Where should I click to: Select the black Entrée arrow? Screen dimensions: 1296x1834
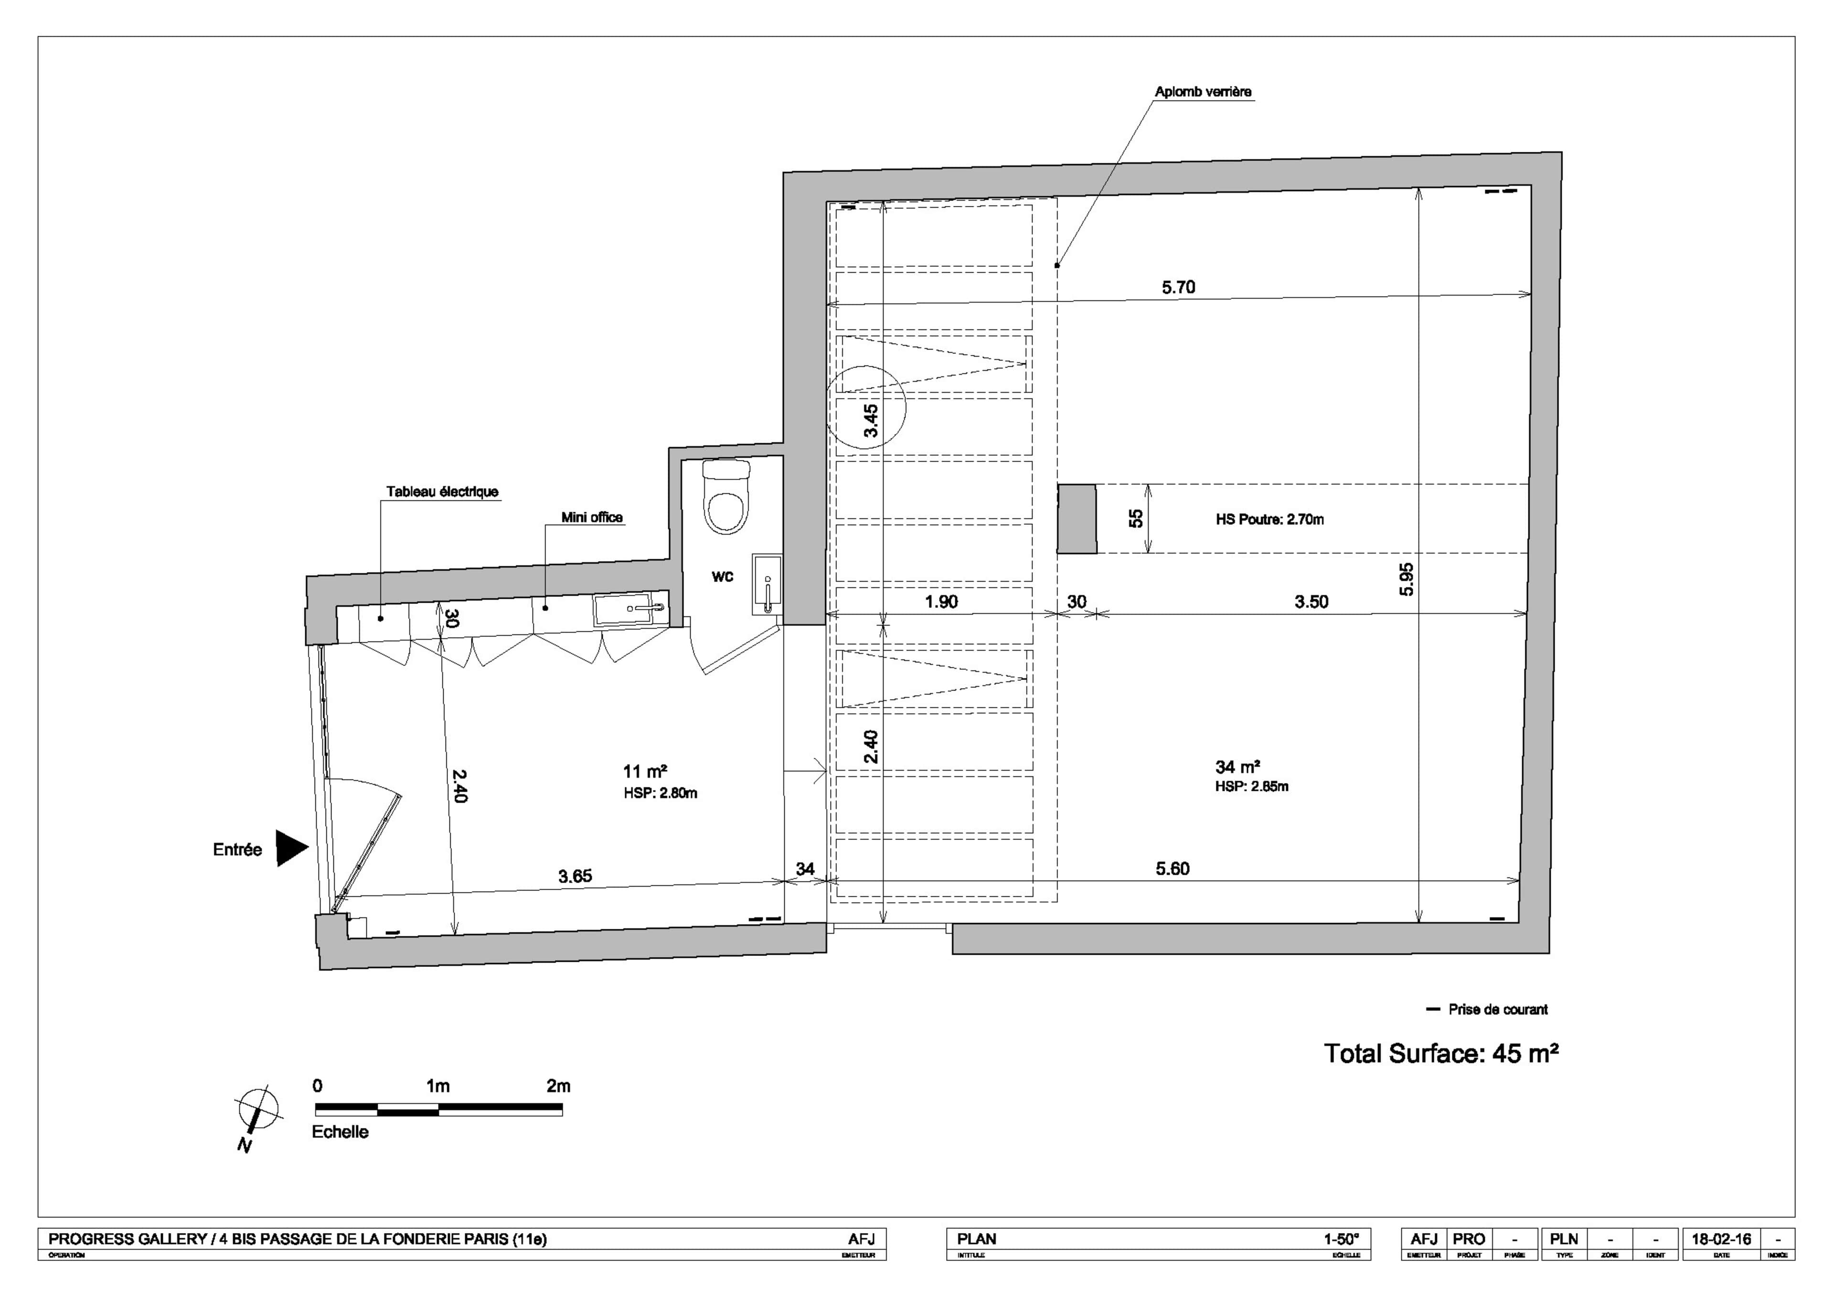tap(291, 848)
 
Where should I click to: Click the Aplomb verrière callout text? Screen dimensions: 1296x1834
tap(1203, 92)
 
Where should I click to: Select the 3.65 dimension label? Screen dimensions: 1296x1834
tap(575, 876)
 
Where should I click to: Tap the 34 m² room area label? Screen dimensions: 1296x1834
tap(1237, 767)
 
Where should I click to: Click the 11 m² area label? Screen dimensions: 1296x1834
tap(645, 771)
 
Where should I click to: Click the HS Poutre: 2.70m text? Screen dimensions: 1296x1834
tap(1269, 520)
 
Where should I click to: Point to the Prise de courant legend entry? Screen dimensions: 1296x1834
tap(1497, 1009)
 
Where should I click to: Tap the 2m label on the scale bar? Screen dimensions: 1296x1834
tap(558, 1086)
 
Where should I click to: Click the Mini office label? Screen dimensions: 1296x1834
tap(591, 518)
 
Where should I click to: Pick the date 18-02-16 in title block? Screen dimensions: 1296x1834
tap(1721, 1239)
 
